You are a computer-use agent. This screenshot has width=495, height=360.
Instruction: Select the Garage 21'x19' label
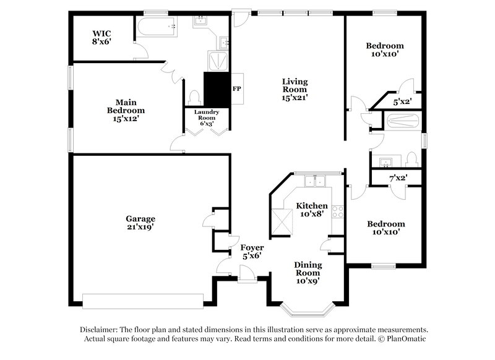click(x=140, y=223)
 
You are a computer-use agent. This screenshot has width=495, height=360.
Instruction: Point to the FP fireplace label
click(x=236, y=88)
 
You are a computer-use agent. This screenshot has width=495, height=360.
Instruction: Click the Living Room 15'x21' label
click(x=295, y=89)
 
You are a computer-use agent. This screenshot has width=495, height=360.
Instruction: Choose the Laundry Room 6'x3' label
click(x=205, y=118)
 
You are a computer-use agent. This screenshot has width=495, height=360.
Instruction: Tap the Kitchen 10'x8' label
click(x=311, y=210)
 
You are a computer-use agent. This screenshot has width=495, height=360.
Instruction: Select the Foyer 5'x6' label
click(x=252, y=252)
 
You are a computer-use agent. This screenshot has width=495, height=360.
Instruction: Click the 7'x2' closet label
click(x=397, y=178)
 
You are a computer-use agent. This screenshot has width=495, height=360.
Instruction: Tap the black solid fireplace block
click(x=217, y=90)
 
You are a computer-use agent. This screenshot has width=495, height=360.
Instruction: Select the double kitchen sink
click(x=317, y=181)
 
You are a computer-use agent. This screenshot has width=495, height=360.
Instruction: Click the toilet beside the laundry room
click(x=194, y=98)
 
